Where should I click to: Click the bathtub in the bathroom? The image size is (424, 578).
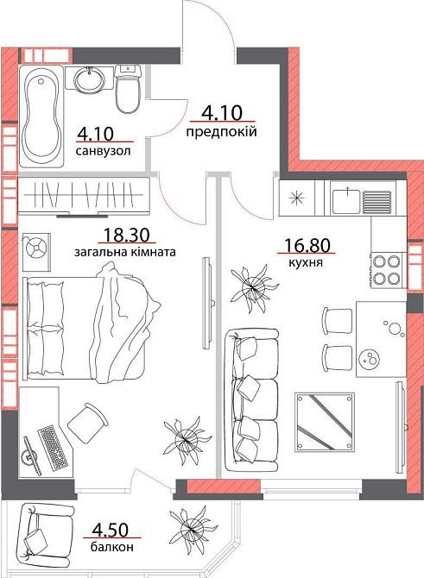[41, 116]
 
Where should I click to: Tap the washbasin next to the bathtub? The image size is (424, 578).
[89, 79]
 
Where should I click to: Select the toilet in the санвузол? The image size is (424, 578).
[128, 88]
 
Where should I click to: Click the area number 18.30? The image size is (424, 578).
[126, 235]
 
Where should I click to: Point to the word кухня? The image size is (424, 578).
[306, 262]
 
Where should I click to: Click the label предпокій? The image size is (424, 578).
[221, 131]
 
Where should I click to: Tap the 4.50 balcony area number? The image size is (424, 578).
[111, 530]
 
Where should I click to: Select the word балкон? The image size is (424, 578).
[111, 548]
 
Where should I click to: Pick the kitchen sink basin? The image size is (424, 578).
[346, 200]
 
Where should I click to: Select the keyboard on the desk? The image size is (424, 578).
[53, 448]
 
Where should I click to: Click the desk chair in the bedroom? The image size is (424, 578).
[87, 421]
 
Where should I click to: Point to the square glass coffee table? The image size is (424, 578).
[325, 422]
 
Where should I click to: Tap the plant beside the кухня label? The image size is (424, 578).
[255, 286]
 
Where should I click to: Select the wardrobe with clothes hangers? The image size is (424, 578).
[83, 196]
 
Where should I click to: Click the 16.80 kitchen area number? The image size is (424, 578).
[307, 246]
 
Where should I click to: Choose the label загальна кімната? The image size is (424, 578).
[125, 253]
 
